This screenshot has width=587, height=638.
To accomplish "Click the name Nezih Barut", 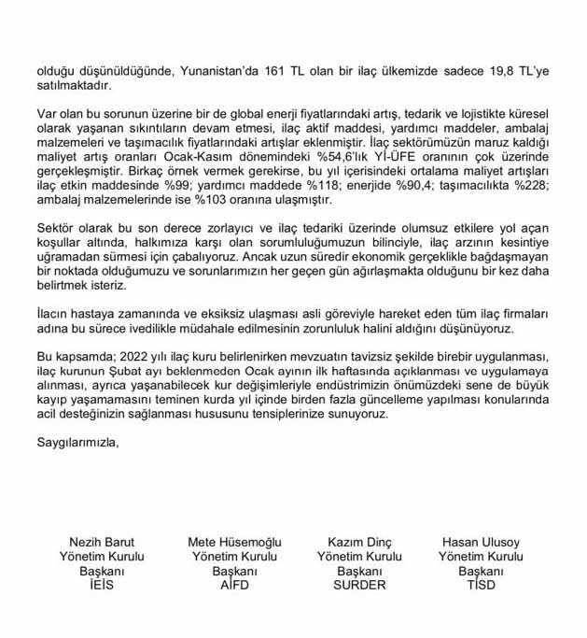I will click(102, 542).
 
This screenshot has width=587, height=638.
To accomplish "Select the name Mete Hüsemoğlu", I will click(234, 542).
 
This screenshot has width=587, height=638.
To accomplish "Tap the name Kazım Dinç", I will click(360, 542).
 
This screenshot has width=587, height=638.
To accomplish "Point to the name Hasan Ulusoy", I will click(481, 542).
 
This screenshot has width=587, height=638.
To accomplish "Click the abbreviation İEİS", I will click(102, 585).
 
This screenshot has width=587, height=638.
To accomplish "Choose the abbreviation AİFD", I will click(234, 585).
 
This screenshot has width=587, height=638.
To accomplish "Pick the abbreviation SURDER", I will click(360, 585).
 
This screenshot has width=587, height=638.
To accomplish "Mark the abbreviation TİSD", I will click(481, 585).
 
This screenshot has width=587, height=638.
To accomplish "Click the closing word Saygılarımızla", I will click(78, 441).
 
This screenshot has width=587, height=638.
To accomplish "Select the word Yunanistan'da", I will click(213, 69).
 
